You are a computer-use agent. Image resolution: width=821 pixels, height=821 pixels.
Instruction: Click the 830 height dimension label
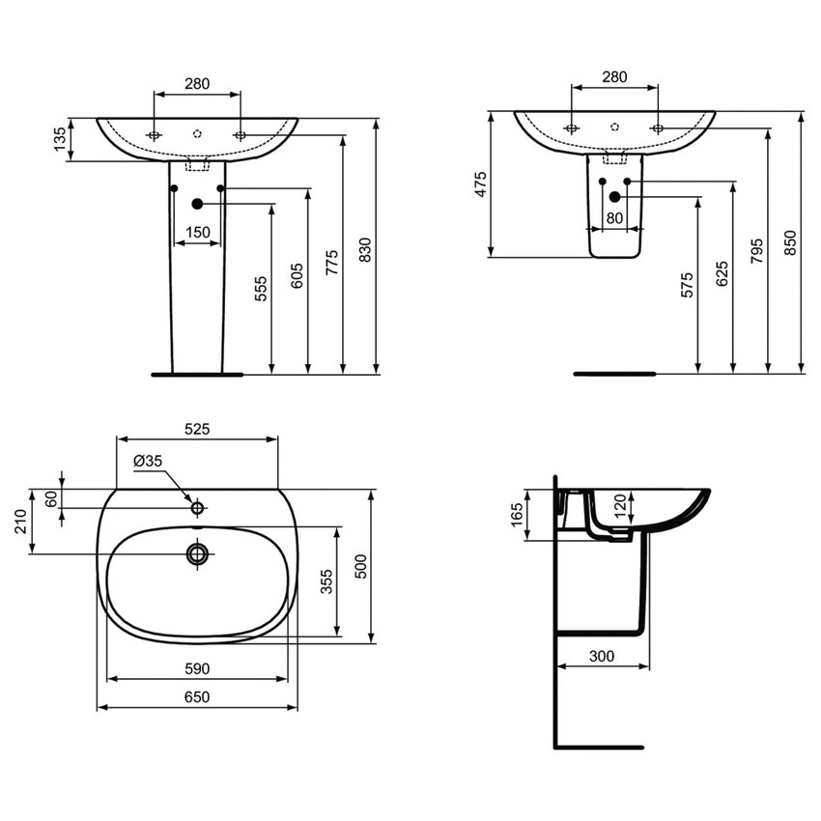point(365,249)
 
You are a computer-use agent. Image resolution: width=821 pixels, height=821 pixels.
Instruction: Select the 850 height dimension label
point(791,241)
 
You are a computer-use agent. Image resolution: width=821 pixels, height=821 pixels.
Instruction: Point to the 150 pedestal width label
point(197,232)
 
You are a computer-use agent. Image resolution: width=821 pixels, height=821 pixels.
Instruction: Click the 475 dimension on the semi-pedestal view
point(480,184)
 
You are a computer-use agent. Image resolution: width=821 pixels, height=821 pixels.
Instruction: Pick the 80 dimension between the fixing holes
point(614,218)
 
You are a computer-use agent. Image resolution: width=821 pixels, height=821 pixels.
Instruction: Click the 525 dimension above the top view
point(197,428)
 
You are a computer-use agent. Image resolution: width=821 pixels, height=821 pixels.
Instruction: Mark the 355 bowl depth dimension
point(327,581)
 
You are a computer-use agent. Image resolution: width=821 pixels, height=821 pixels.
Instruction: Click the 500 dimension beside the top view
point(360,565)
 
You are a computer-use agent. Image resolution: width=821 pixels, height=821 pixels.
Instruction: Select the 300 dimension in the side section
point(601,656)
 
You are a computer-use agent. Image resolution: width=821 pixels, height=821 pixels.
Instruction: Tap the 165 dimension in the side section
point(516,515)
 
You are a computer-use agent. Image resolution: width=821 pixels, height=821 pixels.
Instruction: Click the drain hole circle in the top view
point(198,553)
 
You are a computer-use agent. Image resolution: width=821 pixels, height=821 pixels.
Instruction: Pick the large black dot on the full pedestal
point(197,204)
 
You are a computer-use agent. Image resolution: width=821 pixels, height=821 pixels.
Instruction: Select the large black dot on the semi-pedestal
point(614,198)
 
